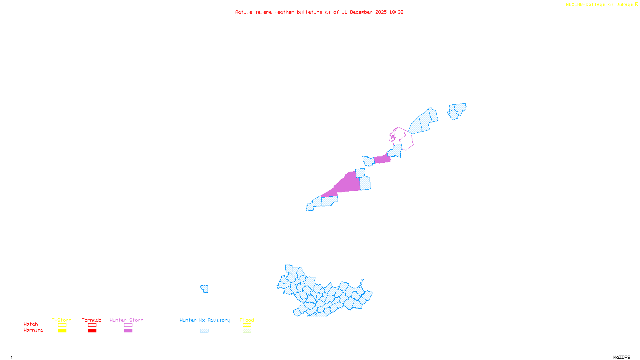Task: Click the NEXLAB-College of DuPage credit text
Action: click(602, 5)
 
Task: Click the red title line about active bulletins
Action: click(319, 12)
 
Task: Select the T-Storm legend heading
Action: click(62, 320)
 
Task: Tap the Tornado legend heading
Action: click(92, 320)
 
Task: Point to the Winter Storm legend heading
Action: click(126, 320)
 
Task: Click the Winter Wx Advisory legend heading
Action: click(205, 320)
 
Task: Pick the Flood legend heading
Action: click(247, 320)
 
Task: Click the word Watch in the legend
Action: click(31, 324)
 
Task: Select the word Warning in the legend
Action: click(33, 330)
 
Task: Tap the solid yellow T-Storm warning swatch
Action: click(62, 331)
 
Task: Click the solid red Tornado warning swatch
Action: click(92, 331)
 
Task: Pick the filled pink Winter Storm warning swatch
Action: click(128, 331)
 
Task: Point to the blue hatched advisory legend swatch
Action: click(204, 331)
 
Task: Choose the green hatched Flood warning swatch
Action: click(247, 331)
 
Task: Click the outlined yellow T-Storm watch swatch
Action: click(62, 325)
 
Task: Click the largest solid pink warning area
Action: click(345, 185)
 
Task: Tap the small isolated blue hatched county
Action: click(205, 289)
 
